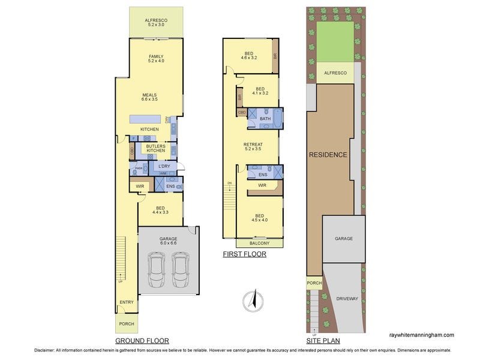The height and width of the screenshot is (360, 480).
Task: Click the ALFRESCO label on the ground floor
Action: tap(155, 22)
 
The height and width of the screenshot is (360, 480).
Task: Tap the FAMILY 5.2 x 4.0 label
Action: tap(155, 58)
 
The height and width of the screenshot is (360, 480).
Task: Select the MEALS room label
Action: tap(149, 97)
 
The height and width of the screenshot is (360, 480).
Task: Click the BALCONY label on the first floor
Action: tap(259, 243)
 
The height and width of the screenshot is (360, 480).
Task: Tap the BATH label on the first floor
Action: tap(265, 118)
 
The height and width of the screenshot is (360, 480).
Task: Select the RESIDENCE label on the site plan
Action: tap(328, 155)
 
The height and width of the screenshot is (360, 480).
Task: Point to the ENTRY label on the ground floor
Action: tap(127, 302)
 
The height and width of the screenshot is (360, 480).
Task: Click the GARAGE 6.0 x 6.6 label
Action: tap(168, 241)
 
